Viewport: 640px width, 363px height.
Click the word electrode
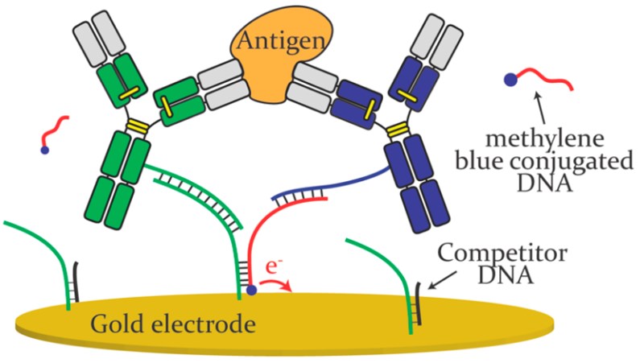pos(192,325)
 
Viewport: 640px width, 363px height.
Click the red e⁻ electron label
pos(274,266)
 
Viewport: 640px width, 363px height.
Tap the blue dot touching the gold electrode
pos(252,290)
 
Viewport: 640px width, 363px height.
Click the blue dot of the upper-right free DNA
pos(510,79)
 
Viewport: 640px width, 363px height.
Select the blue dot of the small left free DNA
pos(45,150)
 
